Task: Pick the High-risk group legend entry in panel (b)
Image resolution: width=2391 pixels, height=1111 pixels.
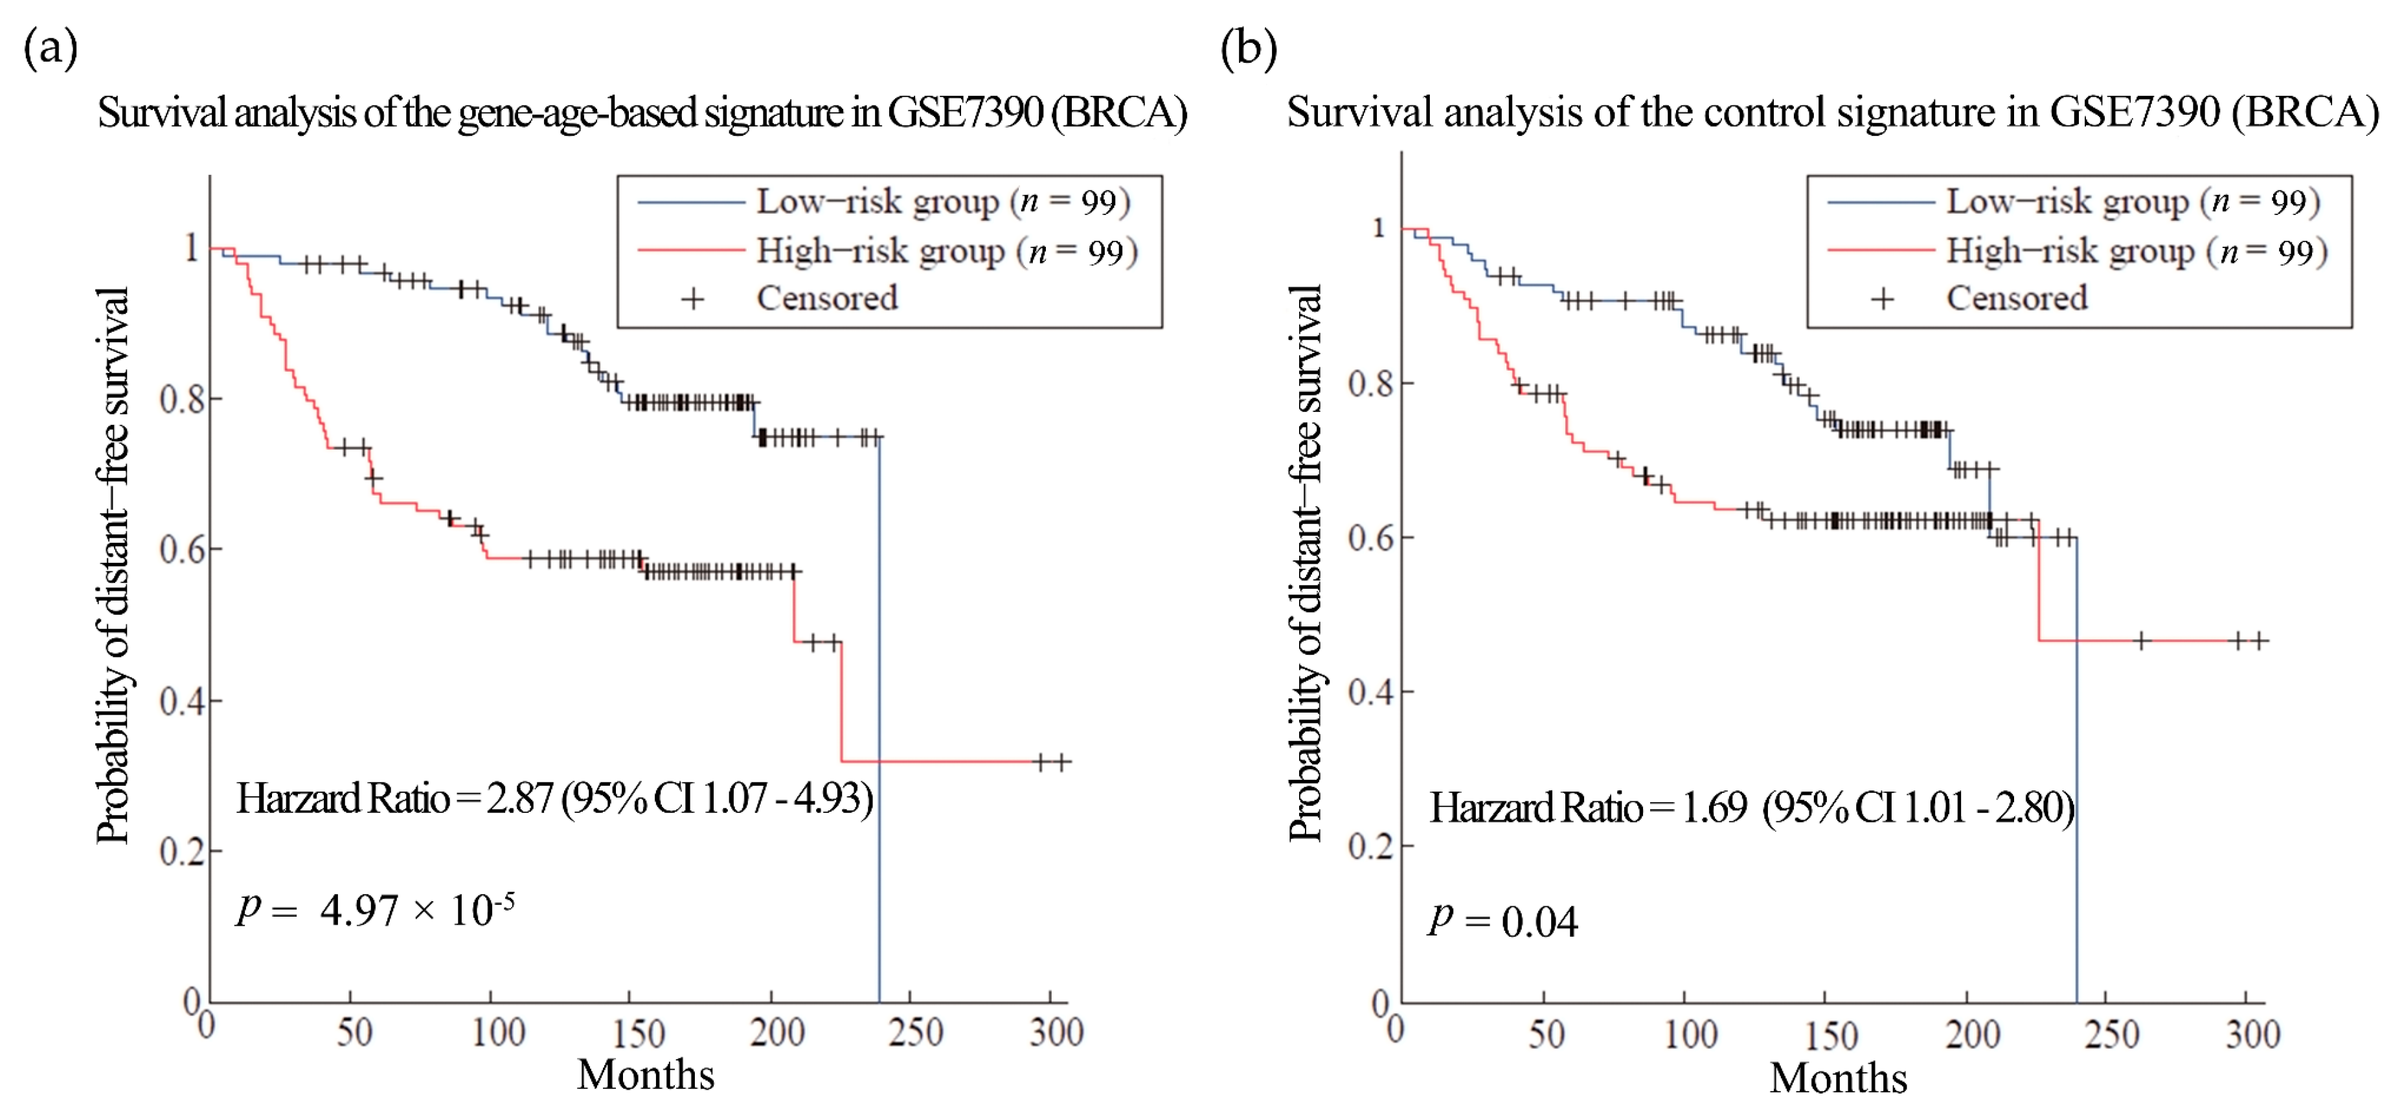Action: click(x=2135, y=251)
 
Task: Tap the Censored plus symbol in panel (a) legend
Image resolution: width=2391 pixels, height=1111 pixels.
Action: click(x=692, y=299)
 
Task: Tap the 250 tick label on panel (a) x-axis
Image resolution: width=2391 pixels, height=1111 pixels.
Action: click(x=915, y=1032)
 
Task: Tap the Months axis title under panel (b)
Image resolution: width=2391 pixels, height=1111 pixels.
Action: click(x=1838, y=1077)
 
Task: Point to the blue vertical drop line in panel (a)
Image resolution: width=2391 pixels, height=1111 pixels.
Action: click(x=878, y=724)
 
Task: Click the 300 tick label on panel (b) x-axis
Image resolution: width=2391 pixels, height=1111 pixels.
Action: click(x=2252, y=1034)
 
